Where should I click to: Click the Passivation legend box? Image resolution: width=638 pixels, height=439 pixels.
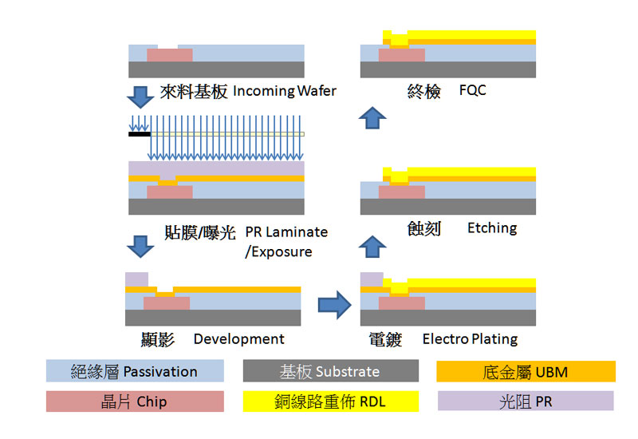[x=133, y=371]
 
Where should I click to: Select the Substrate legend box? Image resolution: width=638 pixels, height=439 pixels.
[x=330, y=371]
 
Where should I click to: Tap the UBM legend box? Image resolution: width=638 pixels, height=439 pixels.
[x=526, y=371]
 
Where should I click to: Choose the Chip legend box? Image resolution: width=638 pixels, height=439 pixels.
[x=133, y=401]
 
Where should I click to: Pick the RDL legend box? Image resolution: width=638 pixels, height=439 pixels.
[x=330, y=401]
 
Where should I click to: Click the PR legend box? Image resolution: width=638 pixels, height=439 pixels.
[x=526, y=401]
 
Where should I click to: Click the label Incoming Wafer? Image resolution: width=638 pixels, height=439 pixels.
[x=285, y=91]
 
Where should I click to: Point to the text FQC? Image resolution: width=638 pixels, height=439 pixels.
[x=472, y=90]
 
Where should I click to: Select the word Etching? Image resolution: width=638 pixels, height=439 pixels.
[x=492, y=228]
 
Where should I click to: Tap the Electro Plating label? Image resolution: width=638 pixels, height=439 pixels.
[x=470, y=338]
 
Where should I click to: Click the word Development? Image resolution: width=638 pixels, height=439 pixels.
[x=238, y=338]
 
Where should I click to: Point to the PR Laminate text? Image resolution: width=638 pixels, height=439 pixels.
[x=286, y=232]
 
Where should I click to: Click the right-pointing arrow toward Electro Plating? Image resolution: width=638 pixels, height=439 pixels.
[x=334, y=303]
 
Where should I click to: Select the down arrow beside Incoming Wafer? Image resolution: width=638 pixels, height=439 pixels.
[x=141, y=96]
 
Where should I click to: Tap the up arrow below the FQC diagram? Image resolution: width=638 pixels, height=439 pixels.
[x=372, y=118]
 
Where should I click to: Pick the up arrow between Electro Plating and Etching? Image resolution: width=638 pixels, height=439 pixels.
[x=372, y=246]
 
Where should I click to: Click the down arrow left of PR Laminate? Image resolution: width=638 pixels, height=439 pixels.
[x=141, y=245]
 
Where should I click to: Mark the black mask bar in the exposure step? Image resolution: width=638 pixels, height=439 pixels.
[x=140, y=134]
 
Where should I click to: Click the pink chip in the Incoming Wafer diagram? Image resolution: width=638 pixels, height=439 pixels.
[x=169, y=55]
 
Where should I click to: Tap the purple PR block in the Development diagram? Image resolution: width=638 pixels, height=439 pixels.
[x=136, y=279]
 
